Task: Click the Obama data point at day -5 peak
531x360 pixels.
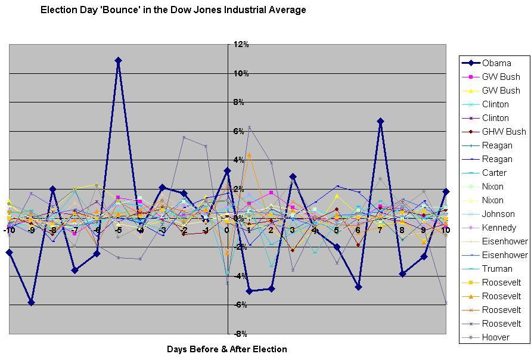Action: [119, 60]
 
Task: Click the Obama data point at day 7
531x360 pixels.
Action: [380, 121]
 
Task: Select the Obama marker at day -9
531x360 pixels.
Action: [31, 302]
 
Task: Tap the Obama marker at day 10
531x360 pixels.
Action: [446, 191]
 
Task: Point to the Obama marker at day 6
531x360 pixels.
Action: [359, 287]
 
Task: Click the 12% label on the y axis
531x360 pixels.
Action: [241, 45]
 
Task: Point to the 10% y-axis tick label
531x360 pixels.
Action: [241, 73]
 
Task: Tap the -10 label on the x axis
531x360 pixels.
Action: [9, 230]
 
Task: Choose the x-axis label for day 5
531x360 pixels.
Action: [337, 230]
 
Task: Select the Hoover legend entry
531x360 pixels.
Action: [495, 337]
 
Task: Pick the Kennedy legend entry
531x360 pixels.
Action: [498, 228]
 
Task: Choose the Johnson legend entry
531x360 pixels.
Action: [498, 214]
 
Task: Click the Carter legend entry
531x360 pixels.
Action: [494, 173]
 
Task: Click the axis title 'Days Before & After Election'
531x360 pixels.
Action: [227, 349]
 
